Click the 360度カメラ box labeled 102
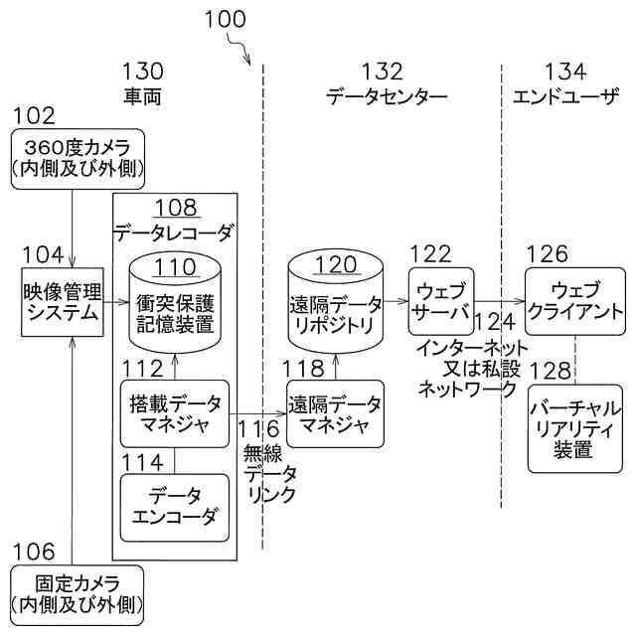click(78, 159)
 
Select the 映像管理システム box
click(63, 302)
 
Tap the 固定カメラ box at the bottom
click(78, 595)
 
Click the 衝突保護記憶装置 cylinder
click(175, 302)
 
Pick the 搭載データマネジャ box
click(175, 413)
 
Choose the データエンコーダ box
click(175, 508)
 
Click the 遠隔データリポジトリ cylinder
click(336, 301)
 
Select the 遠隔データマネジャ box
click(335, 413)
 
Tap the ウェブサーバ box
click(441, 301)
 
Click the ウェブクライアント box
click(575, 301)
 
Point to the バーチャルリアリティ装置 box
click(575, 428)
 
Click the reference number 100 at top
click(226, 20)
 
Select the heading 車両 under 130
click(142, 97)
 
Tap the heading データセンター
click(387, 97)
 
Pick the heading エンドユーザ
click(565, 97)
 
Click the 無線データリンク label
click(269, 474)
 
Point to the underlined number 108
click(176, 208)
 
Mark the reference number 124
click(495, 322)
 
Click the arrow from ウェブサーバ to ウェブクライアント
click(500, 301)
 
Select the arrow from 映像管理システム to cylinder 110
click(116, 302)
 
